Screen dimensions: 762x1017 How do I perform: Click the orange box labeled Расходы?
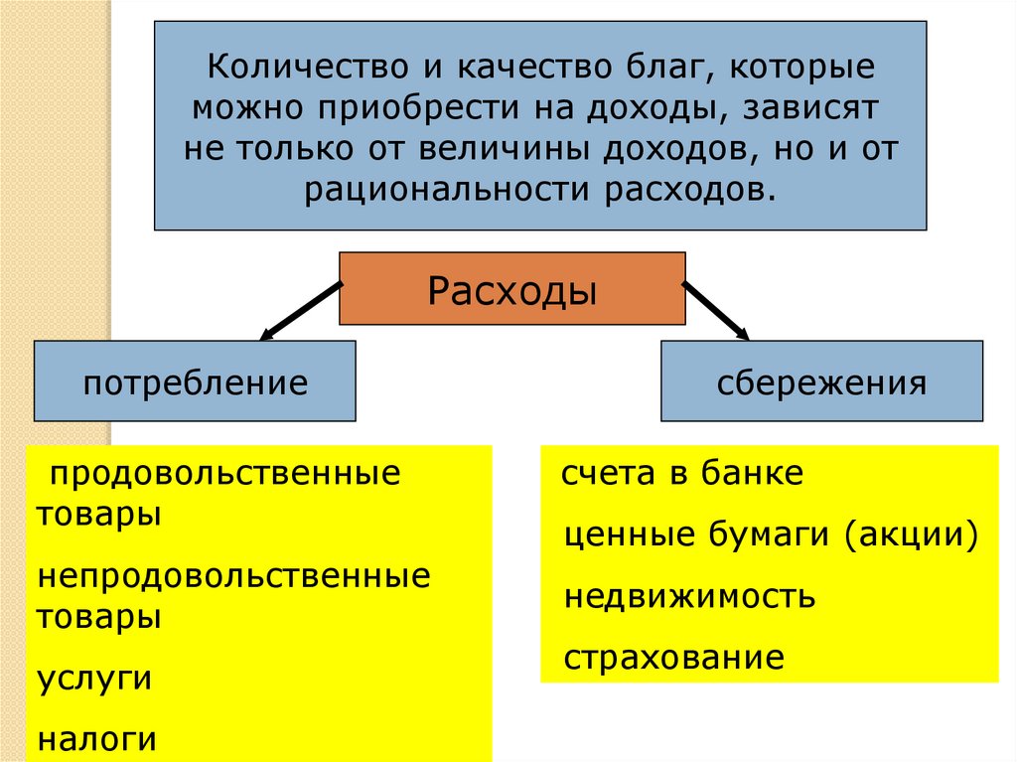[x=511, y=289]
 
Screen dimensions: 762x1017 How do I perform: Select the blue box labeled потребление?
[x=195, y=381]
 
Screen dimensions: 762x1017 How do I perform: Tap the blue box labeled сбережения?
[x=821, y=381]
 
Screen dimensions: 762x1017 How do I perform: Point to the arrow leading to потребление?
[x=299, y=310]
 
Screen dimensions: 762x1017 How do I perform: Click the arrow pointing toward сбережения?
[x=715, y=309]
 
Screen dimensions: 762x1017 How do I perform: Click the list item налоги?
[x=97, y=738]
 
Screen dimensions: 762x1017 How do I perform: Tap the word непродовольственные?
[x=234, y=576]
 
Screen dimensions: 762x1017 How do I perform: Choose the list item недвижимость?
[x=689, y=596]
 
